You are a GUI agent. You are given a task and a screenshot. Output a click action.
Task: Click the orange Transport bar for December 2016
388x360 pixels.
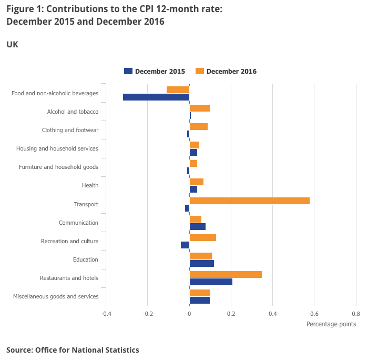[x=249, y=201]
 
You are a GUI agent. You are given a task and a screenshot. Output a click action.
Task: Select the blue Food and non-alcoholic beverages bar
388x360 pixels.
[x=156, y=97]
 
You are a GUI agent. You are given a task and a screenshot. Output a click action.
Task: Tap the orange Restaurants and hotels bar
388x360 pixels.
[x=226, y=275]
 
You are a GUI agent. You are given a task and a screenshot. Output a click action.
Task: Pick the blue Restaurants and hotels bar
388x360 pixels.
[x=211, y=282]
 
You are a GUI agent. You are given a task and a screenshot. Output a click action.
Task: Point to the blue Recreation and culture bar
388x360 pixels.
[x=185, y=245]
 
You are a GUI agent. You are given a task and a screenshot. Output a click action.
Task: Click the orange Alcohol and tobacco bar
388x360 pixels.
[x=200, y=108]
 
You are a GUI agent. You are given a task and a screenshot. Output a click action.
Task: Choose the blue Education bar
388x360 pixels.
[x=202, y=264]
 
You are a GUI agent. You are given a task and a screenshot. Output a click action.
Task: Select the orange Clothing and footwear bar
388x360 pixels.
[x=199, y=126]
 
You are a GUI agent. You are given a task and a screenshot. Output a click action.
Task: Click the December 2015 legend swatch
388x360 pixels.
[x=128, y=71]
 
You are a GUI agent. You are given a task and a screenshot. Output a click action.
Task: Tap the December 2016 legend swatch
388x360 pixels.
[x=200, y=71]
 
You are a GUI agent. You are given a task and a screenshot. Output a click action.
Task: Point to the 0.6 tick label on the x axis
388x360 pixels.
[x=314, y=314]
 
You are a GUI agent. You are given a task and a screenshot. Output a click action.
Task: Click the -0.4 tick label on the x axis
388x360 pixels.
[x=106, y=314]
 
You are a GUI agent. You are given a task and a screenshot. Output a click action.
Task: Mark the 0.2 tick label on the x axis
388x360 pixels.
[x=231, y=314]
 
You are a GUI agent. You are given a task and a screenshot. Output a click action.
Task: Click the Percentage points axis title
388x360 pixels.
[x=331, y=324]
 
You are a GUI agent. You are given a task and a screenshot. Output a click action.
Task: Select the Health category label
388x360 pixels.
[x=90, y=185]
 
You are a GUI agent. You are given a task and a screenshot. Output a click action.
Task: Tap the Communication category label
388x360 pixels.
[x=78, y=223]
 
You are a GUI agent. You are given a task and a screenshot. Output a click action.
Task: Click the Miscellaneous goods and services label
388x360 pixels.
[x=56, y=296]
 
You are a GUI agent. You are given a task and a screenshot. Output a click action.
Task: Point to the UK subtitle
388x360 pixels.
[x=12, y=45]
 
